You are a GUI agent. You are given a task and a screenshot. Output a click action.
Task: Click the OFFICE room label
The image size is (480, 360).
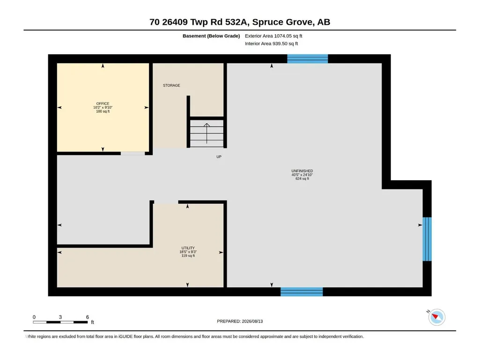point(103,103)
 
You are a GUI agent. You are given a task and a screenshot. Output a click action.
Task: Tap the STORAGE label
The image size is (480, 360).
point(171,85)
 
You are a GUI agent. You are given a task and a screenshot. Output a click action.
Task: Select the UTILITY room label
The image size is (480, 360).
point(188,248)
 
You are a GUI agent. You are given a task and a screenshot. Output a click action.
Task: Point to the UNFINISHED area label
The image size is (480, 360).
point(302,171)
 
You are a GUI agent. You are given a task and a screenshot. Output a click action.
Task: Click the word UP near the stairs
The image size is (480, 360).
point(219,157)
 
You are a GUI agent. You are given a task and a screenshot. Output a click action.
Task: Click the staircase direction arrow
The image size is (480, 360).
point(207,133)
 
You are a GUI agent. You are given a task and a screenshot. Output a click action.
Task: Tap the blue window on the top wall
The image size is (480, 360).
point(307,59)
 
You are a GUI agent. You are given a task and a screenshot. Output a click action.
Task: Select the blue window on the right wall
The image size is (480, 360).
point(427,239)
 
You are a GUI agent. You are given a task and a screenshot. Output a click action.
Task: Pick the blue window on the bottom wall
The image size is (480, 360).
point(302,292)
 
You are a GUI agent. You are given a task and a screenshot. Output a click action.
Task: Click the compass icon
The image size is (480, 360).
point(437,317)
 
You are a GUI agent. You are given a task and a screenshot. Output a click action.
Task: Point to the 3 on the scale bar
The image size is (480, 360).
point(60,317)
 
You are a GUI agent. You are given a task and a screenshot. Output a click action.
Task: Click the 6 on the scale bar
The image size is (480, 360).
point(88,317)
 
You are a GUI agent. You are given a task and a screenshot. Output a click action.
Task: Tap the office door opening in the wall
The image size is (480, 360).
point(133,154)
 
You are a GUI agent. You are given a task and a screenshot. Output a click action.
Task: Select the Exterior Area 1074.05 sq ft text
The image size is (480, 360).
point(273,36)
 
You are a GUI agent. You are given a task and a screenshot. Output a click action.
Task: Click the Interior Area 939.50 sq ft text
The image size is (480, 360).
point(271,44)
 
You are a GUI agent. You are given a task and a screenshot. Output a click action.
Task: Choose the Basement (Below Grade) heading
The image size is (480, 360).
point(211,36)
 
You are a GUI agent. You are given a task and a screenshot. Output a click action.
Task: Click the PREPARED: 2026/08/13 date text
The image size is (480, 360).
point(240,321)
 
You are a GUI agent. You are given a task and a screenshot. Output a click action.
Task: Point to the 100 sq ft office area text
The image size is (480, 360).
point(103,111)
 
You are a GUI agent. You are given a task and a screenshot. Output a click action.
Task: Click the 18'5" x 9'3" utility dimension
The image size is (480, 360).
point(188,252)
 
